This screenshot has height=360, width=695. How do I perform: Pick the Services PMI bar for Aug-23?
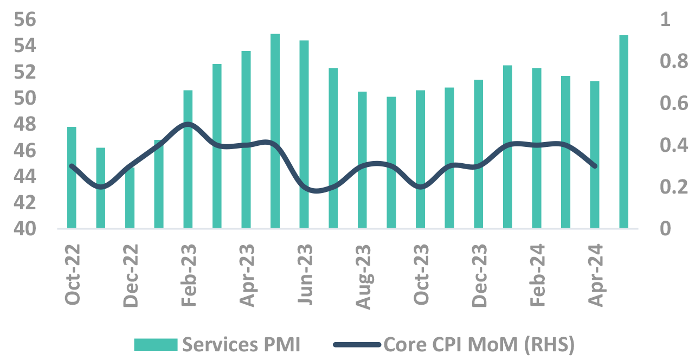click(362, 160)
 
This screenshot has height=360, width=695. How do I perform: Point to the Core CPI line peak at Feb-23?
click(188, 124)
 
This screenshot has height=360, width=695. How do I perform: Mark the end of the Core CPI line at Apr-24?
click(595, 166)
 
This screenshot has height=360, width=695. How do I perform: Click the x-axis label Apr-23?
click(247, 275)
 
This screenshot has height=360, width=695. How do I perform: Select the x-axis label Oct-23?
click(421, 275)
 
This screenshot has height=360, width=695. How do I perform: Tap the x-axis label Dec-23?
click(479, 275)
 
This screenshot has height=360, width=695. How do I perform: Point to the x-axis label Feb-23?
click(189, 275)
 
